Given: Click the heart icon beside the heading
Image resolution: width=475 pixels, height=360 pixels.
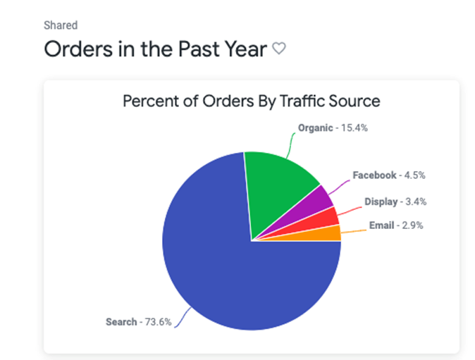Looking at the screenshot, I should coord(279,49).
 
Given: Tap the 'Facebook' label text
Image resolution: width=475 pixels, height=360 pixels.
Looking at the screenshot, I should coord(375,175).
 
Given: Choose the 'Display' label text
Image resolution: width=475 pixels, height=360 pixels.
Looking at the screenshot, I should coord(381,201).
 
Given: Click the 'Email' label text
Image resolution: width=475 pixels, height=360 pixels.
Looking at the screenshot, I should coord(382,225).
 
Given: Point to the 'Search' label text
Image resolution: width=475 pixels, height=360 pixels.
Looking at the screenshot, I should coord(121,322).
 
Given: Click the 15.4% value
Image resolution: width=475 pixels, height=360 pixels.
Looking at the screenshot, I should coord(355,128).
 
